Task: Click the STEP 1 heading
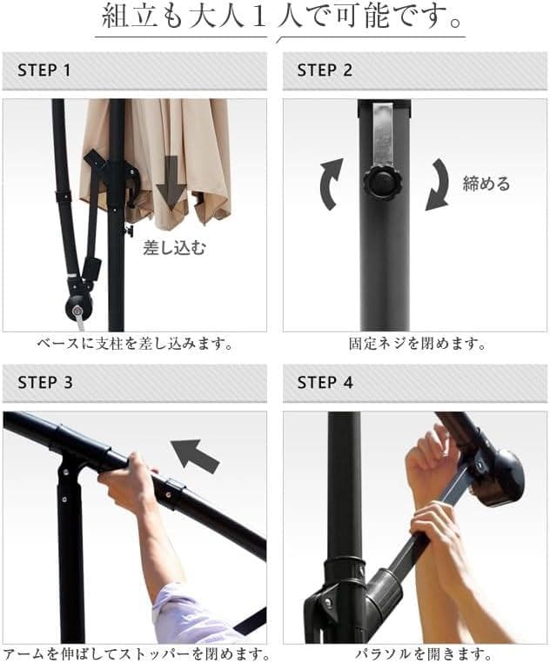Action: point(44,70)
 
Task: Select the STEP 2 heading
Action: point(325,70)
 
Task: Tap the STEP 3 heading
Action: point(45,383)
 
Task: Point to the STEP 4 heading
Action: point(325,383)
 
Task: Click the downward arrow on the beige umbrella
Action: point(171,183)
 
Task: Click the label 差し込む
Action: point(174,248)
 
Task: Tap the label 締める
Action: point(486,184)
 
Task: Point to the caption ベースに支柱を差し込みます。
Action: point(135,344)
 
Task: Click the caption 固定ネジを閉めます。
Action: point(418,344)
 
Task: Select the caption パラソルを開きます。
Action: point(423,654)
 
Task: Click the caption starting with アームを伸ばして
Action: point(136,654)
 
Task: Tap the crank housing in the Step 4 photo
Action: point(500,476)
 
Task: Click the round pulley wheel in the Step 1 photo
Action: point(78,309)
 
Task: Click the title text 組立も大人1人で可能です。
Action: point(281,17)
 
